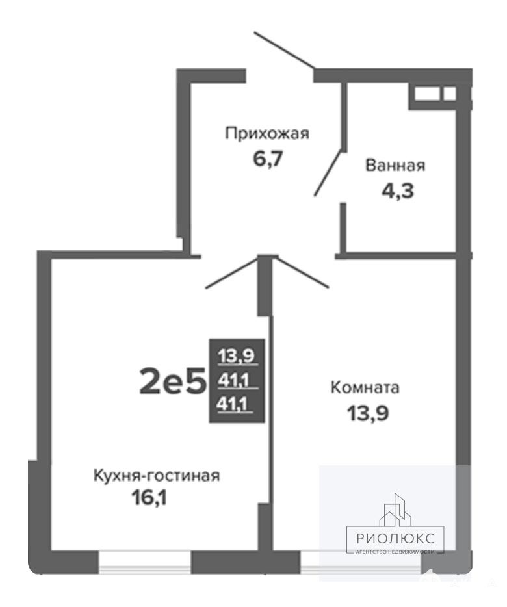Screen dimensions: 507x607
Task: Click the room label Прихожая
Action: click(267, 134)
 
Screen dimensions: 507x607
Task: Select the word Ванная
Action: click(395, 165)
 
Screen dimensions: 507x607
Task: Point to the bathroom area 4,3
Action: click(398, 191)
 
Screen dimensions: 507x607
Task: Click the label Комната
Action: click(365, 387)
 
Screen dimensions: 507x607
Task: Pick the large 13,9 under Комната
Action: click(368, 413)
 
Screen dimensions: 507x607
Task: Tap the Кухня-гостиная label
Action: click(157, 475)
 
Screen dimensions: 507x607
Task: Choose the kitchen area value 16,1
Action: click(149, 498)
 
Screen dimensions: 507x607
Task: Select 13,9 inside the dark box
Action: click(236, 355)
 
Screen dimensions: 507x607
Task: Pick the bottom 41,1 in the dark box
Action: click(233, 405)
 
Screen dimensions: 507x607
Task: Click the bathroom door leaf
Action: click(329, 172)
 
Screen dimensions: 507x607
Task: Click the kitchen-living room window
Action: click(145, 562)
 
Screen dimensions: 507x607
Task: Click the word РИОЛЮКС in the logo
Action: click(395, 538)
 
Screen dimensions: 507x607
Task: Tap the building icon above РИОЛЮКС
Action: click(395, 510)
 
